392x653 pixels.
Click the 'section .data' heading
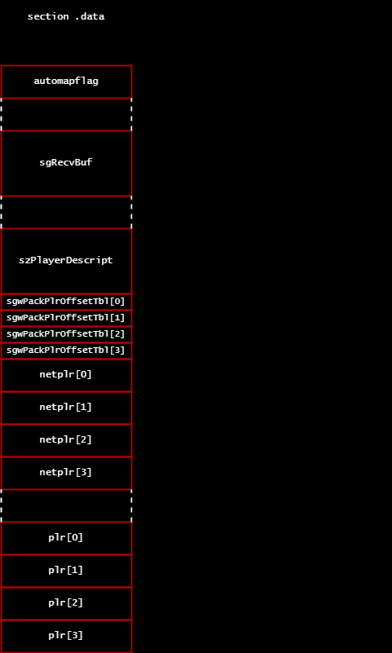[66, 16]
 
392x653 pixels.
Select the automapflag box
[66, 82]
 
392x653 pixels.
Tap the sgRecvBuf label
[66, 162]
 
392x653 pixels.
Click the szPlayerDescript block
[66, 261]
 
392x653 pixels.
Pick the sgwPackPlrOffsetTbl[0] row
[66, 302]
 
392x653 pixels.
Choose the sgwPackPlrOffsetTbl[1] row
[66, 318]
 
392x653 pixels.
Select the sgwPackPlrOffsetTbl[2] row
[66, 334]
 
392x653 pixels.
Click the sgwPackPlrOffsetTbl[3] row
[66, 351]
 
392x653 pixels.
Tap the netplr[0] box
[66, 375]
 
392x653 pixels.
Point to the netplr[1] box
[66, 408]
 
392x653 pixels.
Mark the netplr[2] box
[66, 440]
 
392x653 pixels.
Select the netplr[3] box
[66, 473]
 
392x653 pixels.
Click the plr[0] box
[66, 538]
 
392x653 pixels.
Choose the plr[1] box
[66, 571]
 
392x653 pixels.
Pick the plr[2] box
[66, 603]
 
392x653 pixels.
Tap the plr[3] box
[66, 636]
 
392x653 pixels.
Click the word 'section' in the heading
[48, 16]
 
